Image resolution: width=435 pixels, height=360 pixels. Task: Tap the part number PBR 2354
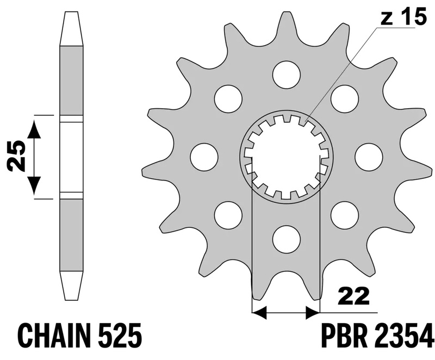pyautogui.click(x=377, y=336)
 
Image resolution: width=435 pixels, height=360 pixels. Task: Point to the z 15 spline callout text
pyautogui.click(x=403, y=16)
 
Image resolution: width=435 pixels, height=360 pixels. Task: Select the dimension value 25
pyautogui.click(x=16, y=157)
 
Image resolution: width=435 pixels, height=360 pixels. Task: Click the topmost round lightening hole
pyautogui.click(x=287, y=75)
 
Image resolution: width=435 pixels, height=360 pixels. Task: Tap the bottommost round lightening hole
pyautogui.click(x=287, y=239)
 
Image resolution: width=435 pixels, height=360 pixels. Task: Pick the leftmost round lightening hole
pyautogui.click(x=204, y=157)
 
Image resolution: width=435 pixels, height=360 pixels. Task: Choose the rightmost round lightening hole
pyautogui.click(x=369, y=157)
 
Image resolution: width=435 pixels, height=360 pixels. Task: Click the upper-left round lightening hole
pyautogui.click(x=228, y=98)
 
